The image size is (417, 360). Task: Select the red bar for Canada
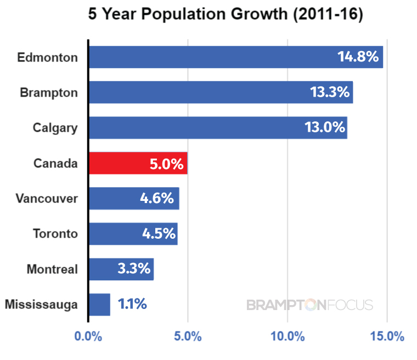138,163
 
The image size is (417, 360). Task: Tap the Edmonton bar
236,57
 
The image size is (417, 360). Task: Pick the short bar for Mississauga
100,305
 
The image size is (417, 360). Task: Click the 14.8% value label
358,57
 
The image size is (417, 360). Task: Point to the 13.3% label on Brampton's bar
330,92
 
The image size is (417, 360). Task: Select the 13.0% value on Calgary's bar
325,127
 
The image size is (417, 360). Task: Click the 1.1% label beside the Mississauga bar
132,304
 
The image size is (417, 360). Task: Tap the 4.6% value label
157,198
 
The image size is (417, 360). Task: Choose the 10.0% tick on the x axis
288,336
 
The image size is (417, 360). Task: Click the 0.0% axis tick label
88,336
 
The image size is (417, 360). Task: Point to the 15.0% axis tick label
387,336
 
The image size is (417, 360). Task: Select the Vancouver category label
47,199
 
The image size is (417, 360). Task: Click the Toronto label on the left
55,234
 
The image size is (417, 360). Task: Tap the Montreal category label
52,269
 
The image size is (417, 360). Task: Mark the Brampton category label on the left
49,93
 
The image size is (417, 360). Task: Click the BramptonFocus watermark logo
310,305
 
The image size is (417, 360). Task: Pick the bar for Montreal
121,269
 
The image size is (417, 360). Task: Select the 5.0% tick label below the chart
188,336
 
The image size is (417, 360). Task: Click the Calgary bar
218,128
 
